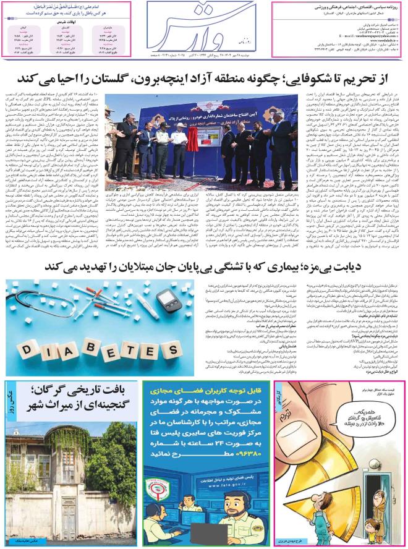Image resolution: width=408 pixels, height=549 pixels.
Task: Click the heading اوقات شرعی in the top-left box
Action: tap(69, 22)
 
